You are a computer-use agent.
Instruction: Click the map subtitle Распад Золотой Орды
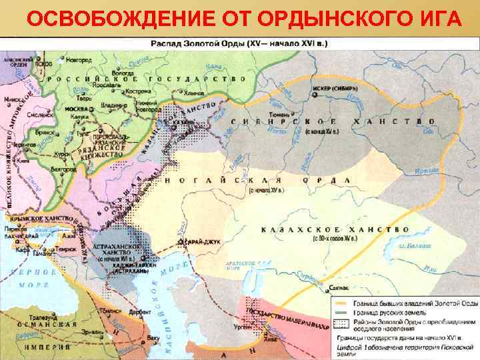200,42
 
